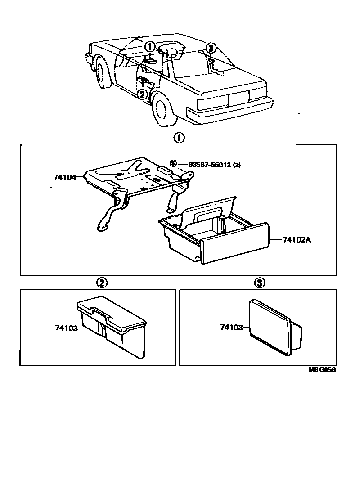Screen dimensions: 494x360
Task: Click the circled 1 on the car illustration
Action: (150, 47)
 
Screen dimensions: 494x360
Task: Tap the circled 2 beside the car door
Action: (142, 94)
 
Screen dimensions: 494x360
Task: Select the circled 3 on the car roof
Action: (211, 48)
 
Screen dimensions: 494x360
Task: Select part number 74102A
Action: (297, 240)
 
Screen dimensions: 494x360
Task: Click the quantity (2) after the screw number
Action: (237, 165)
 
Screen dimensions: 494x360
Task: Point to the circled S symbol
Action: (173, 163)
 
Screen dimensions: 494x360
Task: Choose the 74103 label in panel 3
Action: (231, 328)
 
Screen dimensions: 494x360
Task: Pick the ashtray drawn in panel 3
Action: (274, 328)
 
